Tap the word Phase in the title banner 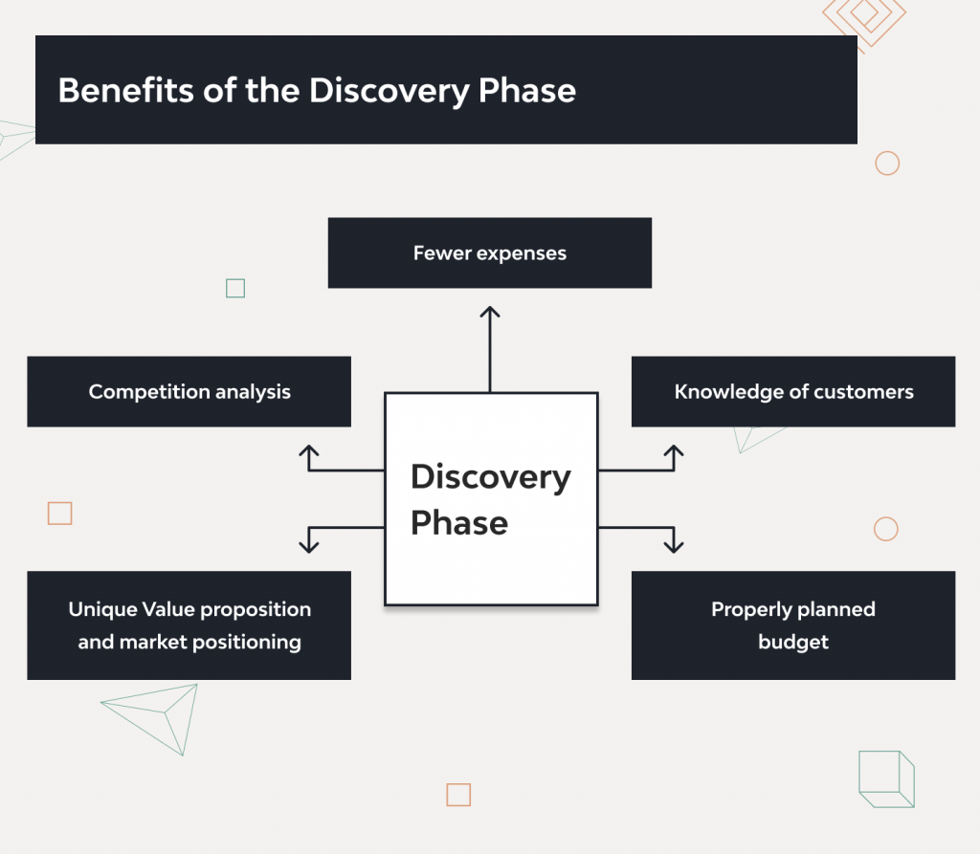tap(524, 90)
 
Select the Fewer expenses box tap(489, 253)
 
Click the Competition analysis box tap(189, 392)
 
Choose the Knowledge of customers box tap(793, 392)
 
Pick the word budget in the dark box tap(793, 642)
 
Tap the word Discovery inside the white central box tap(490, 476)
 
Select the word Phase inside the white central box tap(459, 523)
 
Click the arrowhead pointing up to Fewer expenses tap(490, 313)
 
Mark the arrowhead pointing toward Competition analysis tap(308, 451)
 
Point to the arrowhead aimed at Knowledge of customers tap(674, 451)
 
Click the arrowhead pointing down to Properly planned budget tap(674, 546)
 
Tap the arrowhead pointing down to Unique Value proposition tap(308, 546)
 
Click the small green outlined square tap(235, 288)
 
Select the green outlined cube tap(886, 779)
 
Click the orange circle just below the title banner tap(887, 163)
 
